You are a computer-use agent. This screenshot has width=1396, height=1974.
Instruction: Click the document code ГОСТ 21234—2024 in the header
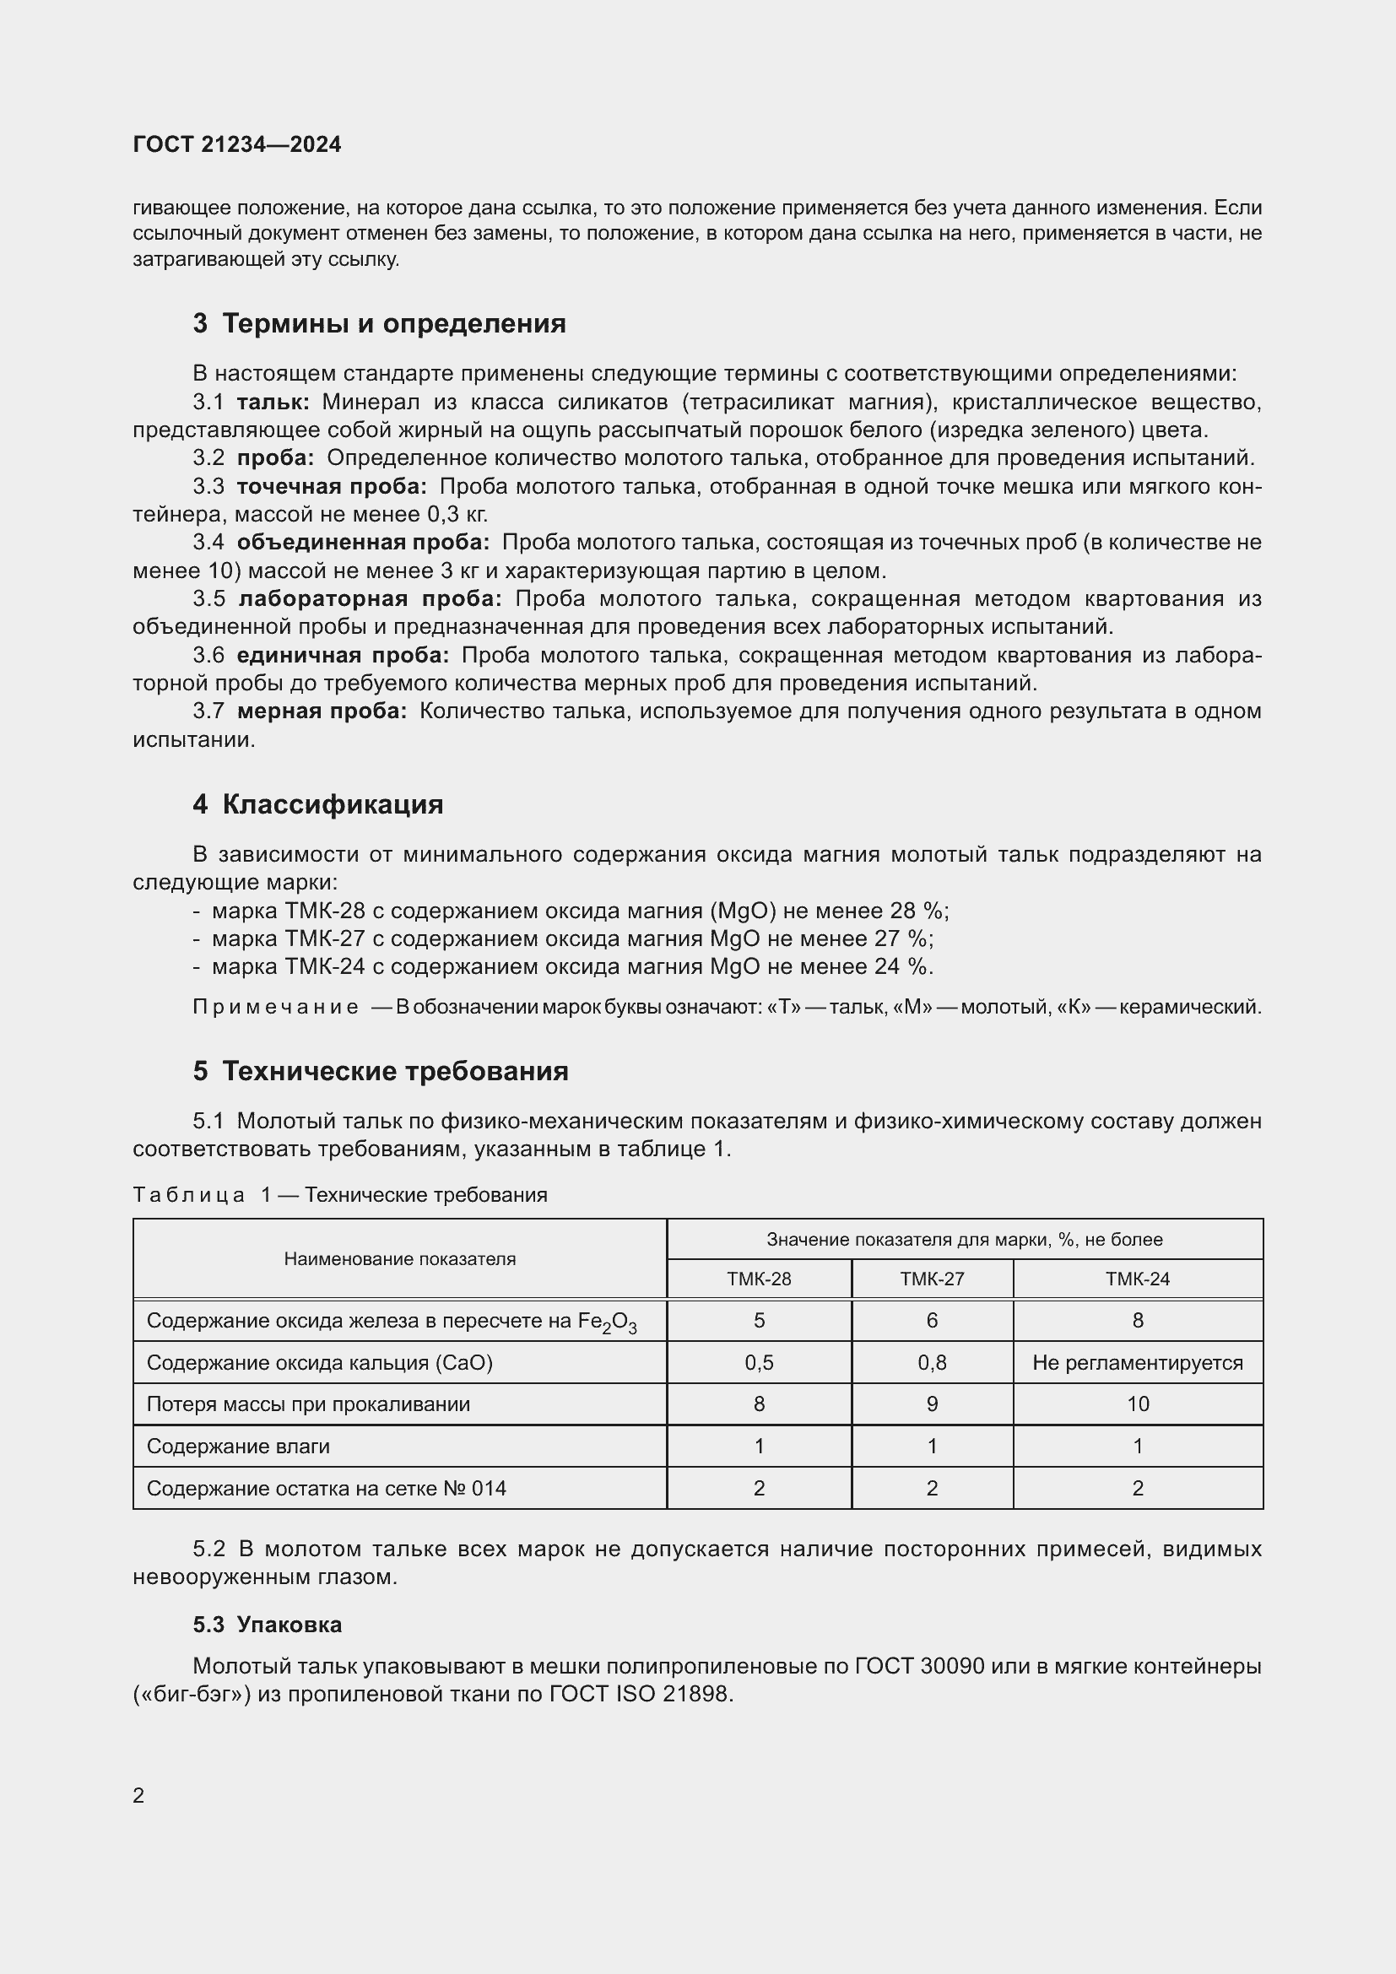(236, 144)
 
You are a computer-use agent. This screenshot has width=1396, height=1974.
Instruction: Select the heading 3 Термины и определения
(379, 323)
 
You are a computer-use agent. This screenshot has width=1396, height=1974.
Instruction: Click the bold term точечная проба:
(332, 487)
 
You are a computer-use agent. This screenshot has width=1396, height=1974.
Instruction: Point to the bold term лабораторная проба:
(370, 599)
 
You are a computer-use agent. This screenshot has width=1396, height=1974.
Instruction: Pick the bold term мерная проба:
(322, 711)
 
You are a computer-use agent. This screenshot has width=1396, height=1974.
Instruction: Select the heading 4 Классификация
(318, 804)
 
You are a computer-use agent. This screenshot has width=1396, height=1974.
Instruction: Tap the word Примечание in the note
(276, 1007)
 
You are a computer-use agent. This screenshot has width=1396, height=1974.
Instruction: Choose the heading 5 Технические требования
(381, 1070)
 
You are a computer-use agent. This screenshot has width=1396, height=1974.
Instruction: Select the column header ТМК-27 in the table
(932, 1279)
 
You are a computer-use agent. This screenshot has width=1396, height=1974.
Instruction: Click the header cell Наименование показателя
(400, 1258)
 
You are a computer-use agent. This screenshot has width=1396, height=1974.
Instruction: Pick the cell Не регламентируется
(1137, 1363)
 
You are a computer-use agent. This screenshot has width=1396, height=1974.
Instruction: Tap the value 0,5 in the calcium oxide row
(759, 1363)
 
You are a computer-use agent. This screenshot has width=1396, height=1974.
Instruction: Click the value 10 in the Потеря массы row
(1137, 1404)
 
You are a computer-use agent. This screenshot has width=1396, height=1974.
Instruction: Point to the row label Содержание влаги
(238, 1447)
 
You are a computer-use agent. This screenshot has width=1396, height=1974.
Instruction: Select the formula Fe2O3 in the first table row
(607, 1322)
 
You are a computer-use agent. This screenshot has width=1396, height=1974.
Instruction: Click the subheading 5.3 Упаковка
(268, 1625)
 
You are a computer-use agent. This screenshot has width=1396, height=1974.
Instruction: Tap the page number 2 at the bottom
(138, 1795)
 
